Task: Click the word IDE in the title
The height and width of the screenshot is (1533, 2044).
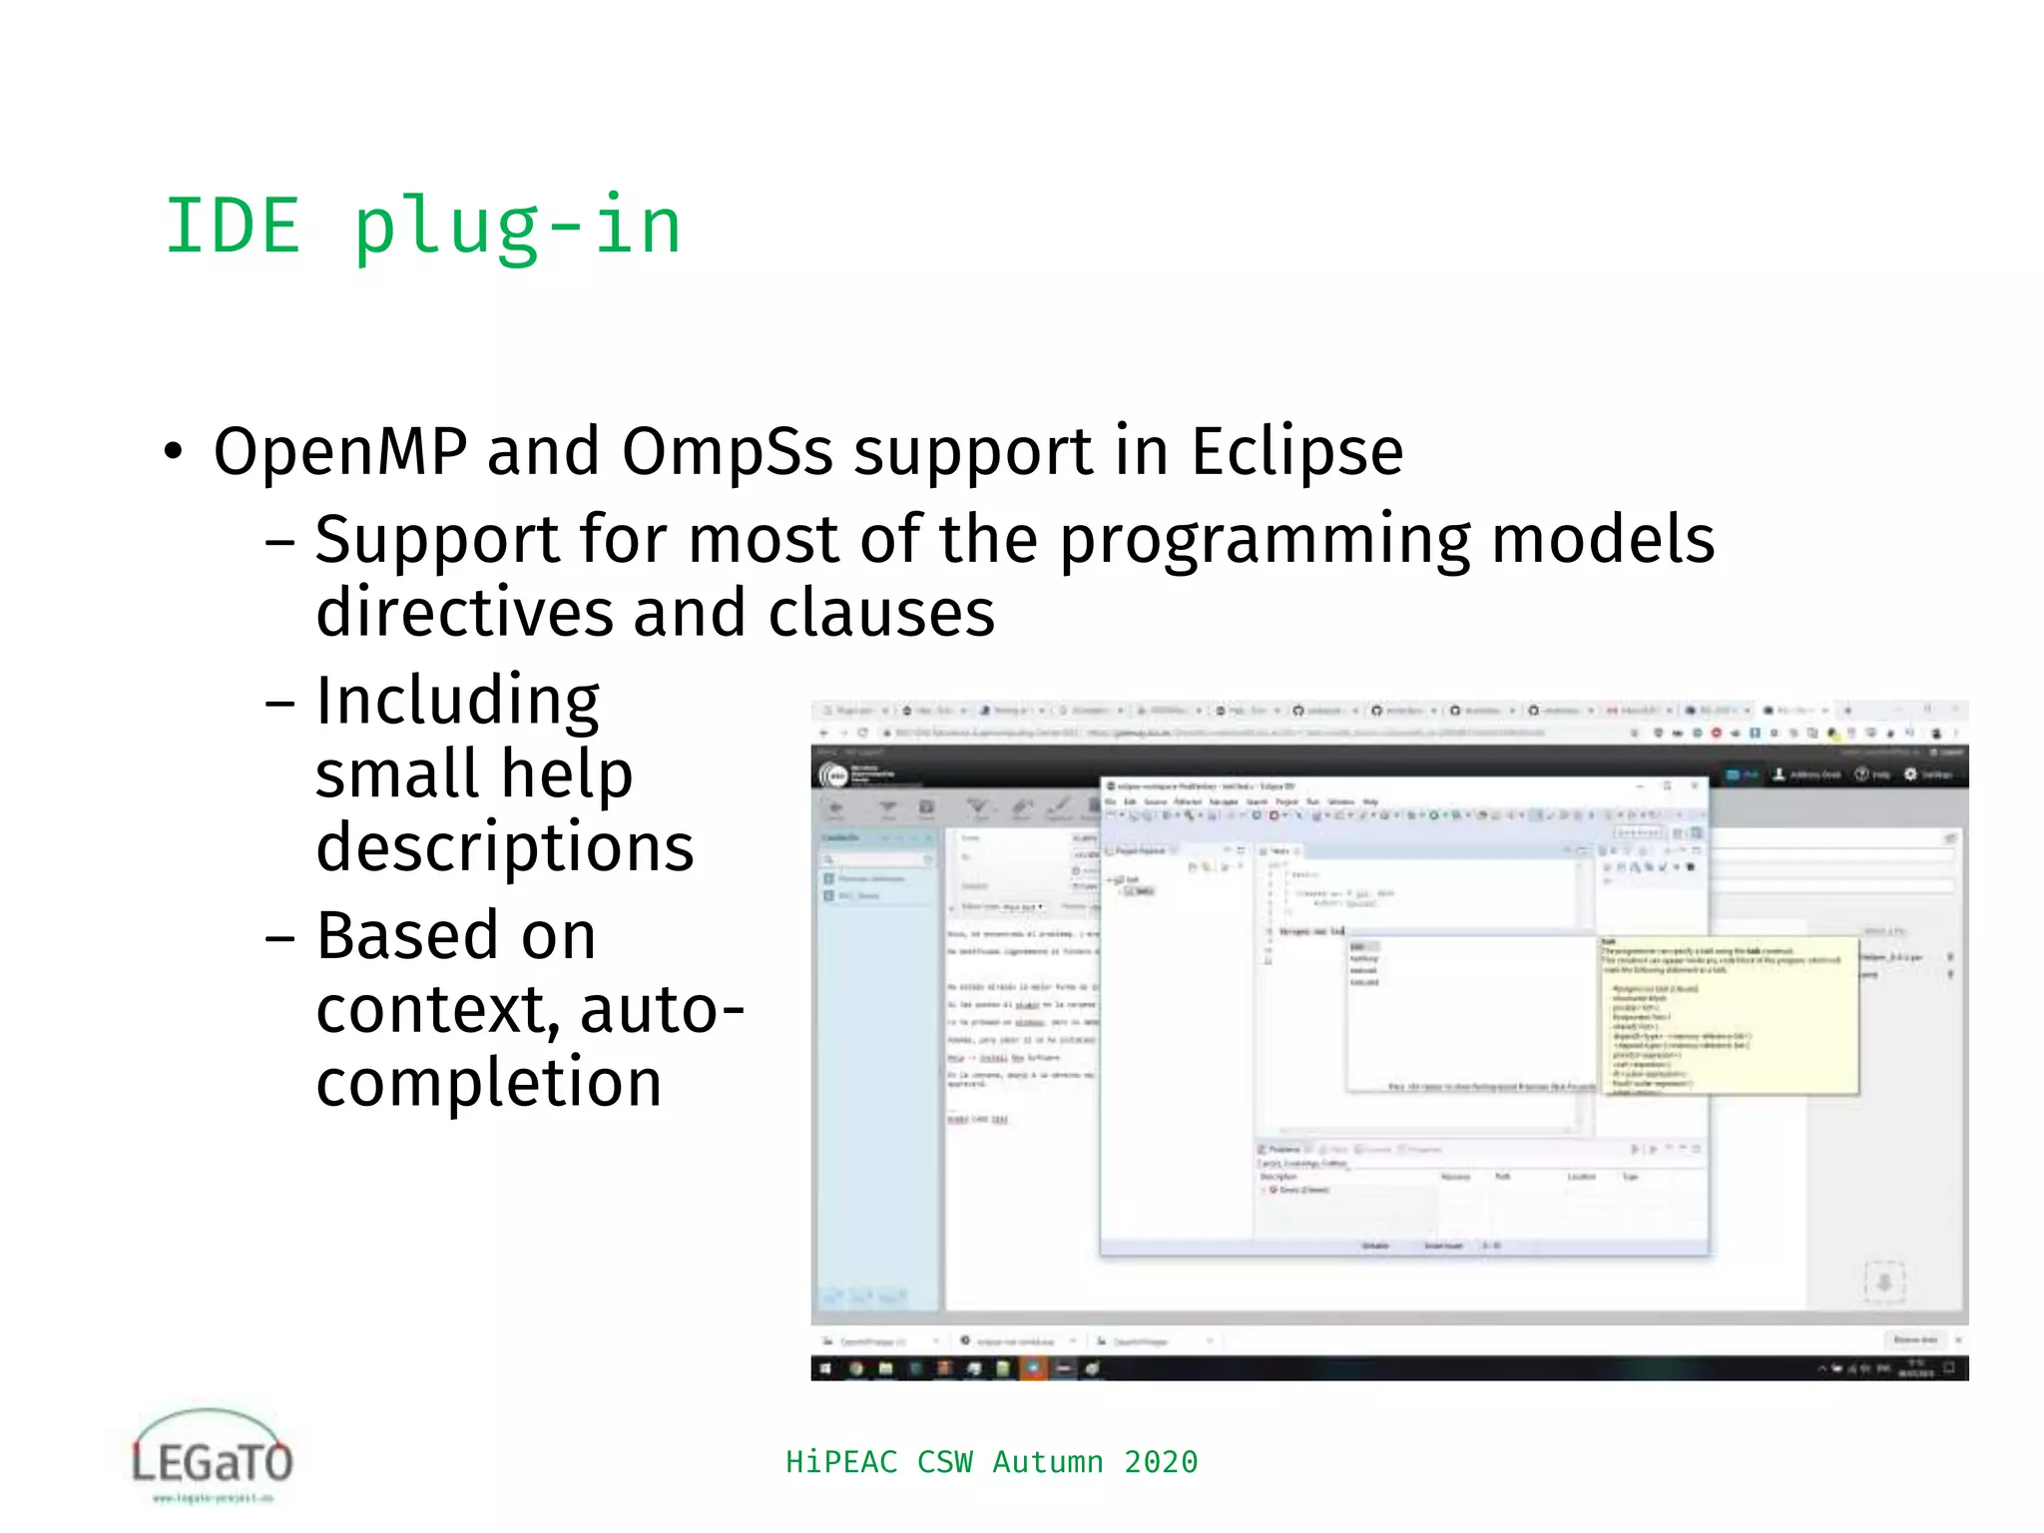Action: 232,227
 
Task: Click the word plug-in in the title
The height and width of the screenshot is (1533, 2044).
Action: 517,227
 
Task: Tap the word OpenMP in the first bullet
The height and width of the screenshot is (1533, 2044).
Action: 339,451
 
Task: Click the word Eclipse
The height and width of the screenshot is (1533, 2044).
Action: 1296,451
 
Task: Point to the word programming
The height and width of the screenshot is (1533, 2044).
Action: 1265,541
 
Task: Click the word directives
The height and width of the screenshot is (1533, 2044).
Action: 464,613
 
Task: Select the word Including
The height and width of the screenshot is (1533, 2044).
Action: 457,701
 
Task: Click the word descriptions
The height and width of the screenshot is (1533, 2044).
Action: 504,847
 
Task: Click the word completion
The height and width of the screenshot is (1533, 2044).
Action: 488,1083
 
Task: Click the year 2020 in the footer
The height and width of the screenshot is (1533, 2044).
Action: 1160,1462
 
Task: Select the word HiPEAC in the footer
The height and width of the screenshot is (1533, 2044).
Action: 841,1462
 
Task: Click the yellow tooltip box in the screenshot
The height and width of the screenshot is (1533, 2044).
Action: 1729,1014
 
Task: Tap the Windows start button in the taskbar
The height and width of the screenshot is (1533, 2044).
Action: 825,1368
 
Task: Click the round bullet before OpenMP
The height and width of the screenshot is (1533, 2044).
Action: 174,452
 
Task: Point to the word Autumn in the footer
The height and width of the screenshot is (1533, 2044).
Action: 1047,1462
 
